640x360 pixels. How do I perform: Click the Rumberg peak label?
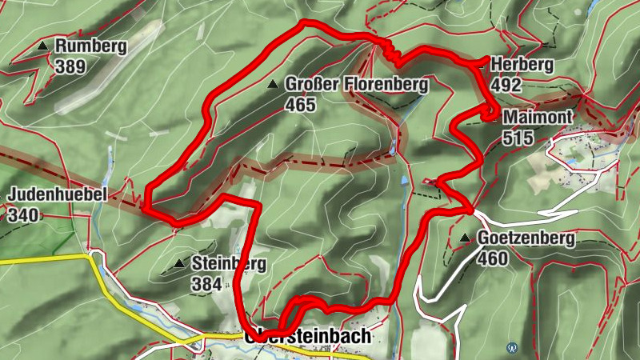click(90, 46)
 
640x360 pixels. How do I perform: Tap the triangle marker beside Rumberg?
click(42, 47)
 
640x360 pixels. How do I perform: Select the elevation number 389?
click(70, 67)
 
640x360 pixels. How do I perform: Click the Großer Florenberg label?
click(357, 84)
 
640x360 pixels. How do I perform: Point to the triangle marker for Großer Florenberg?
click(274, 84)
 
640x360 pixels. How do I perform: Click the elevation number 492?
click(506, 85)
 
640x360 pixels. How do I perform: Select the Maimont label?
click(538, 118)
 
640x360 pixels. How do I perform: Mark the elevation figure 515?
click(518, 138)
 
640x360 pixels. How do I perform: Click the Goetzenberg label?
click(526, 238)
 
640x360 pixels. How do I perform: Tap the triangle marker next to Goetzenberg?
click(466, 238)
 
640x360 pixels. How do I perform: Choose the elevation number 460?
click(492, 258)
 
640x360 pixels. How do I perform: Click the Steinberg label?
click(228, 263)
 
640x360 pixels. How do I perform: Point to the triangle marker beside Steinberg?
click(178, 262)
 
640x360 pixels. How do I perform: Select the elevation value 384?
click(206, 283)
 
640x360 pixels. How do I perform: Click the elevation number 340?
click(22, 214)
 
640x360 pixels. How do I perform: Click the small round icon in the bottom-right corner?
click(512, 348)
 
